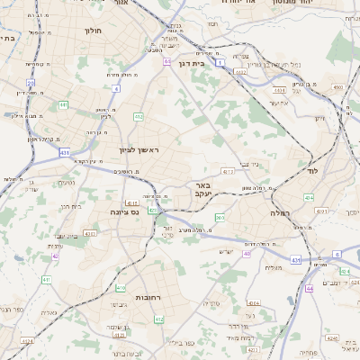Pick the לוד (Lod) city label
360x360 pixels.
(x=312, y=170)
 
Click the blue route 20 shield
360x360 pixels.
(x=31, y=83)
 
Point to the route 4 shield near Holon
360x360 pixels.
(x=117, y=88)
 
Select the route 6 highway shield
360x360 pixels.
(x=337, y=254)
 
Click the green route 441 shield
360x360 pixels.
(x=64, y=104)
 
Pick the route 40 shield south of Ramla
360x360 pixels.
(x=309, y=288)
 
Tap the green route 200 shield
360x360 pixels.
(x=220, y=217)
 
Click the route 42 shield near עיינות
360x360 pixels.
(x=55, y=256)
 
